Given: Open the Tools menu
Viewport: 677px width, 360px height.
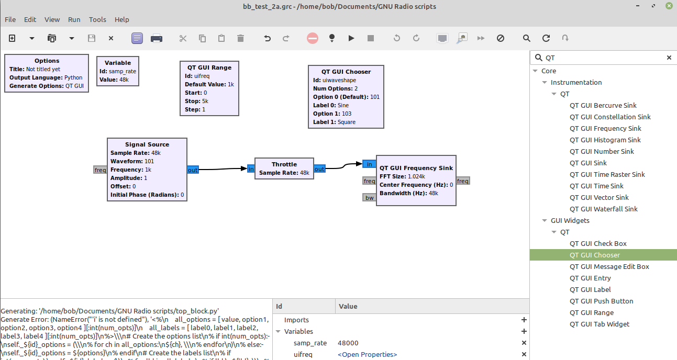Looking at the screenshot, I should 97,19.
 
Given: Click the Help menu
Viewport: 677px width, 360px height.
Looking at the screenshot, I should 121,19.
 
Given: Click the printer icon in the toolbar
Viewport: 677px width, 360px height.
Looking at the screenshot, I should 156,38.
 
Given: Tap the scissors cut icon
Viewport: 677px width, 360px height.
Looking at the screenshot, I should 183,38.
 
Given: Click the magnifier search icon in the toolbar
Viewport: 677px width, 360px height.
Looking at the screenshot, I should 527,38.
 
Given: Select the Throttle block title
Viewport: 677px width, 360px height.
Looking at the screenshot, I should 284,164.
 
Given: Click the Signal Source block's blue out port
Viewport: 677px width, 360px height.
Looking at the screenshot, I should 193,170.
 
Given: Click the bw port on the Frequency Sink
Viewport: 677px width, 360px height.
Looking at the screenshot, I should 369,198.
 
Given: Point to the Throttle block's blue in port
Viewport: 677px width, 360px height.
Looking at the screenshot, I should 251,169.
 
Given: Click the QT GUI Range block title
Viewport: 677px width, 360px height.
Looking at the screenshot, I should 209,67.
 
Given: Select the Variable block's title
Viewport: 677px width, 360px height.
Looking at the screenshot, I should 118,63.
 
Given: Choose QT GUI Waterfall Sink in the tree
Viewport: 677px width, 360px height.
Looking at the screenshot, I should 604,209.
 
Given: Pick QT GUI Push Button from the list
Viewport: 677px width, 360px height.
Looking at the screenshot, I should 601,301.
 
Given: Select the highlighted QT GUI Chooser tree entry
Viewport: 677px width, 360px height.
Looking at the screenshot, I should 594,255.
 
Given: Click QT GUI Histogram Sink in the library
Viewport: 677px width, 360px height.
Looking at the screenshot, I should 605,140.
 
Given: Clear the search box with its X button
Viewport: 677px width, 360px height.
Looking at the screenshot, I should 669,58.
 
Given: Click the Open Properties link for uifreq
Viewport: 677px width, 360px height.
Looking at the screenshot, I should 367,355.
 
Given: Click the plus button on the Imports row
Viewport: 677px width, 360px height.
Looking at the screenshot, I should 524,320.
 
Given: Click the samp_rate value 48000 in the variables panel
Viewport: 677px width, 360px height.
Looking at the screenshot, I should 348,343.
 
